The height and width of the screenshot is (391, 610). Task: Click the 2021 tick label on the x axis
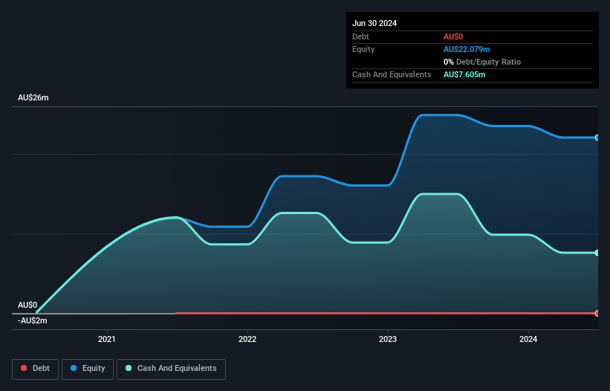[106, 339]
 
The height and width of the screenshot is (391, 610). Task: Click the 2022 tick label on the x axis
[247, 339]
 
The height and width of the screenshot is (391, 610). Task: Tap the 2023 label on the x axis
[388, 339]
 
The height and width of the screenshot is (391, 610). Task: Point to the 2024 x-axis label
[528, 339]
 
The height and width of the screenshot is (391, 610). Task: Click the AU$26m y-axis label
[33, 97]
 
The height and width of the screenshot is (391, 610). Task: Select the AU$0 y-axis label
[27, 305]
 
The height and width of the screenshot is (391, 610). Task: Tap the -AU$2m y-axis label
[32, 320]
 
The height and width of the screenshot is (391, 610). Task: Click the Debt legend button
[36, 369]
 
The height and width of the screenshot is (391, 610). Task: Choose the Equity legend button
[88, 369]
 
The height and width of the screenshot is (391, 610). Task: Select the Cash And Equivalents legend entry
[171, 369]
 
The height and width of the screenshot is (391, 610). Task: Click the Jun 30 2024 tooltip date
[374, 23]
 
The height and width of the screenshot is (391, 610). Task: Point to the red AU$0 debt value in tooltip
[453, 36]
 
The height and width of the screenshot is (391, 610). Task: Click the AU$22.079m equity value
[467, 49]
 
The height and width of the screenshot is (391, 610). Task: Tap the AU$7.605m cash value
[464, 74]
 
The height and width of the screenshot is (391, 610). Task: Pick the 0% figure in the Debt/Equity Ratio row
[449, 62]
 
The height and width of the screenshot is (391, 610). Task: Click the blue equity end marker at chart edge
[597, 138]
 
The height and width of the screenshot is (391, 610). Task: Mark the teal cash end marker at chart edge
[597, 253]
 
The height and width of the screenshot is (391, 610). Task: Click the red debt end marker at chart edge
[597, 313]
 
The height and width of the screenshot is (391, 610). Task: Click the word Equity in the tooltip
[363, 49]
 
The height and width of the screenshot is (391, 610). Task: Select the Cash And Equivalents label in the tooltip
[392, 74]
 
